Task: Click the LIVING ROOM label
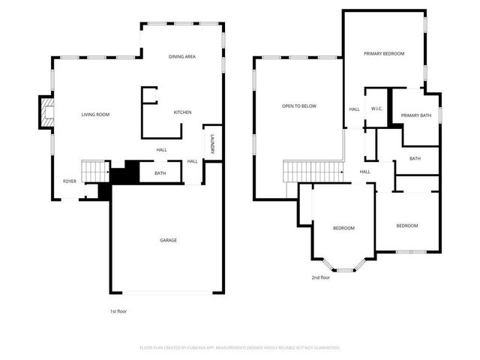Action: (96, 115)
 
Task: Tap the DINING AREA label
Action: (182, 57)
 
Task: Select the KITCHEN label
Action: (182, 112)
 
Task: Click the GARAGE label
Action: (168, 240)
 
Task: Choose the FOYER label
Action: (69, 181)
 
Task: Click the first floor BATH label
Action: (160, 174)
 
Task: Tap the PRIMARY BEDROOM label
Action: (384, 54)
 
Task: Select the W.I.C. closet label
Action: (377, 109)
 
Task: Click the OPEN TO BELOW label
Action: (299, 106)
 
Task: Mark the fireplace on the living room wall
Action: (47, 114)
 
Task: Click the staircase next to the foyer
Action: (94, 171)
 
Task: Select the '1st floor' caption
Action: (118, 310)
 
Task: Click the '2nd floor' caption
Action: (321, 277)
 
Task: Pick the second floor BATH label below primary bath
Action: (415, 158)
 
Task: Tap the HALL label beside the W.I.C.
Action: (354, 109)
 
